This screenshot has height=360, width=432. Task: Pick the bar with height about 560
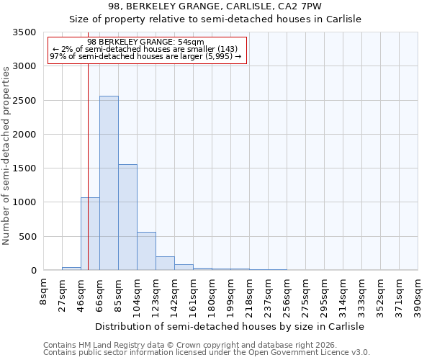click(x=146, y=251)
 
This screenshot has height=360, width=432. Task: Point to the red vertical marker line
click(x=88, y=166)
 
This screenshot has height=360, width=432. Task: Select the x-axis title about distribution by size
click(x=230, y=326)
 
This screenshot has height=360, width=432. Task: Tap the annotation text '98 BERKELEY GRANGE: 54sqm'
click(x=145, y=42)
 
